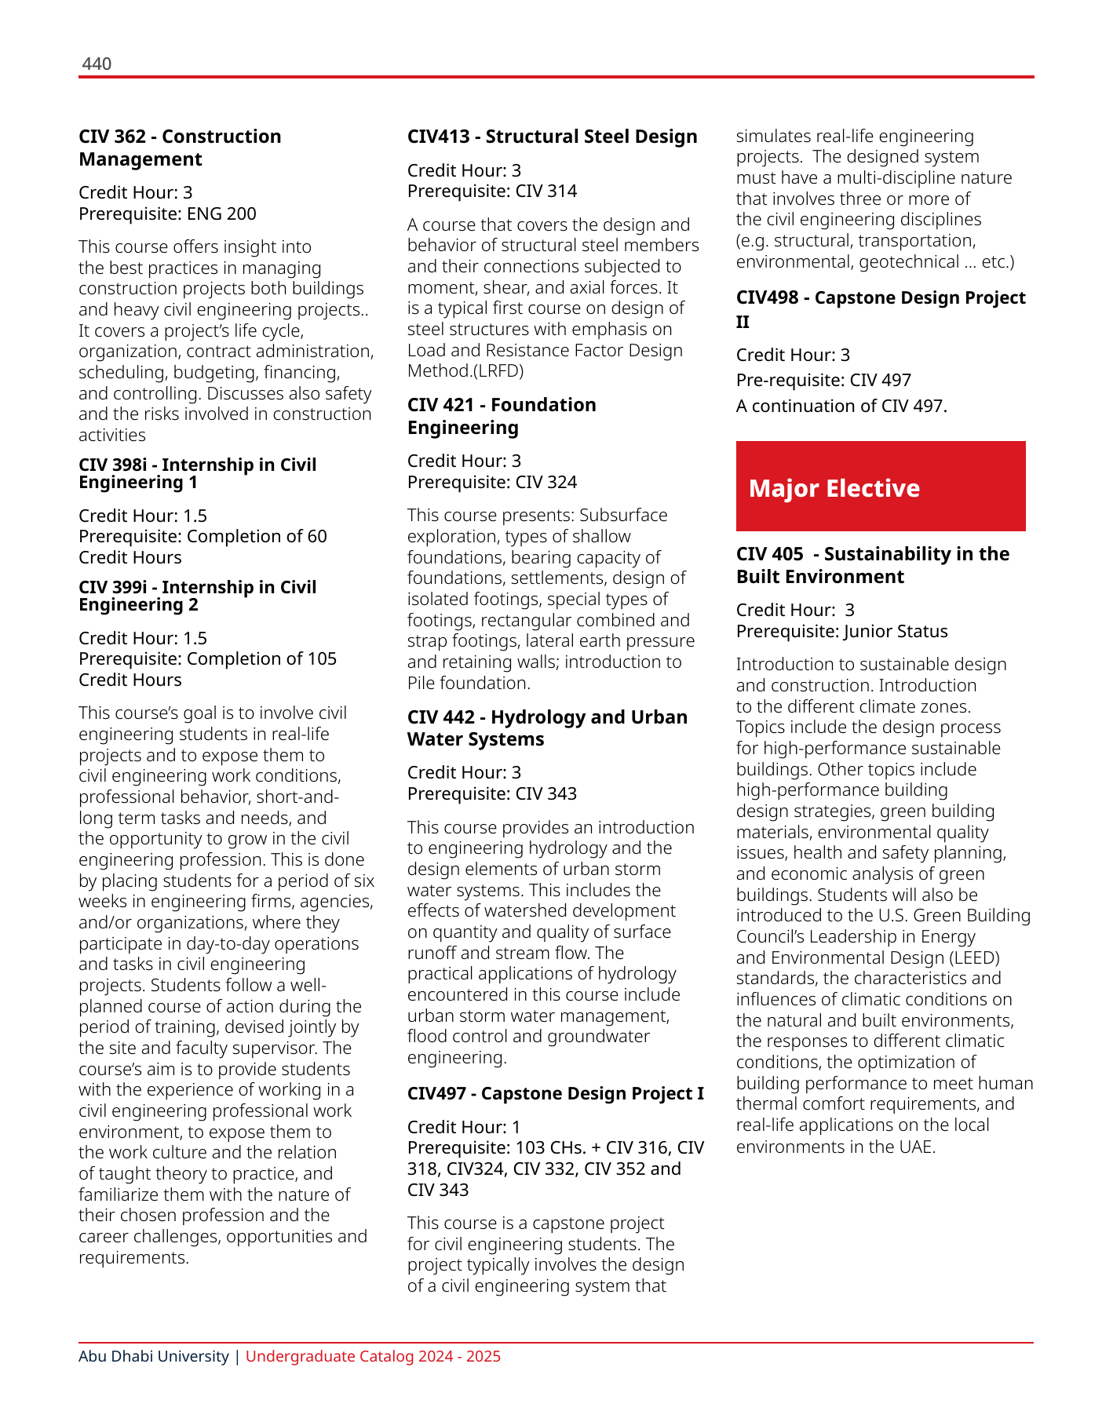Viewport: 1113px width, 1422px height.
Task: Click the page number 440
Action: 97,64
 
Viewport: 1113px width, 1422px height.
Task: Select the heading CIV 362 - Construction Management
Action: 180,148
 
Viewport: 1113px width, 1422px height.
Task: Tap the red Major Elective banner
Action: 880,487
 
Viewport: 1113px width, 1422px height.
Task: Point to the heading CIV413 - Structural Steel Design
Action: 552,137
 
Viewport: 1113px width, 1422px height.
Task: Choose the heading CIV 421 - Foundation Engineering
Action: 502,416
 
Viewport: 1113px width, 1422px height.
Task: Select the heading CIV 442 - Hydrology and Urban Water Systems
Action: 547,728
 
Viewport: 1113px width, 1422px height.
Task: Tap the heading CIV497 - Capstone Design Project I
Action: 555,1093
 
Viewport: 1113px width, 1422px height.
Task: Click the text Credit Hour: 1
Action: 463,1127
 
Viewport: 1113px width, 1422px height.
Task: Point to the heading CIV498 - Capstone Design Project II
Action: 880,309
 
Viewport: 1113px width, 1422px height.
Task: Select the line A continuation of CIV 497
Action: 841,406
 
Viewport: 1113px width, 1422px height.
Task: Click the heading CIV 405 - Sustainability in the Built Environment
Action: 872,565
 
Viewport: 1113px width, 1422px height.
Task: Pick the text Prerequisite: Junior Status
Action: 841,631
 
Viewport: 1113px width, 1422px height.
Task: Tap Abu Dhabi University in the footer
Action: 154,1356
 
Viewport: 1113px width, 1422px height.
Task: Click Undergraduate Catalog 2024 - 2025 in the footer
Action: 373,1356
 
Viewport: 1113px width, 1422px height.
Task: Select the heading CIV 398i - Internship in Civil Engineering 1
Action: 197,473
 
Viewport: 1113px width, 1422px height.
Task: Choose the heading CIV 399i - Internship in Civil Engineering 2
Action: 197,596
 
